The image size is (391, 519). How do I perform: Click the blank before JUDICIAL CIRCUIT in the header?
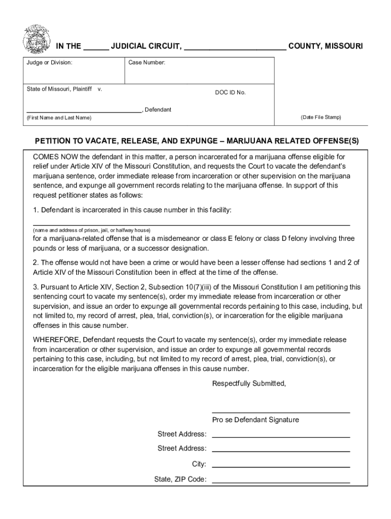click(96, 48)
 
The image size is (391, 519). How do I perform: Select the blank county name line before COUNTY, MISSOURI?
click(235, 48)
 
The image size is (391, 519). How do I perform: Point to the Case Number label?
click(146, 63)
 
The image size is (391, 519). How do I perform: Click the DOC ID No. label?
click(230, 93)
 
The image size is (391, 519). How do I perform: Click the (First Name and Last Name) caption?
click(59, 118)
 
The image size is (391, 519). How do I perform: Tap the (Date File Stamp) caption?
click(321, 118)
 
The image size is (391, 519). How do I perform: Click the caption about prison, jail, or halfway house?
click(92, 230)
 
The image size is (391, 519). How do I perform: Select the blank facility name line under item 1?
click(191, 223)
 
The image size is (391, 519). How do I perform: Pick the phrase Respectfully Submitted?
click(249, 384)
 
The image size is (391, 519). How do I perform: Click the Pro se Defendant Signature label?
click(255, 420)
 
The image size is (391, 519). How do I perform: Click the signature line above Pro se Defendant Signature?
click(281, 412)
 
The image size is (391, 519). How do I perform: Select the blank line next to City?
click(281, 466)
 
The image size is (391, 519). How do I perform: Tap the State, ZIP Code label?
click(180, 479)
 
